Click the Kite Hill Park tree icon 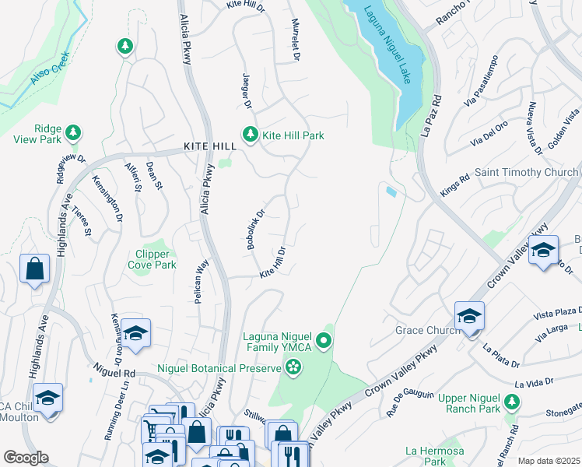click(250, 135)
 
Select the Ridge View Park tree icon click(73, 133)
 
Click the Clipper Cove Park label click(152, 259)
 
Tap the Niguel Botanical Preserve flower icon click(293, 367)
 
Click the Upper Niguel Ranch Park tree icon click(512, 402)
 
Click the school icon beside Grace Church click(469, 316)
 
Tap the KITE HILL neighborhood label click(209, 146)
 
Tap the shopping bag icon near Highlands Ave click(35, 269)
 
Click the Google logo click(26, 458)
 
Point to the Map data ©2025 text click(549, 461)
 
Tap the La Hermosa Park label click(434, 456)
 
